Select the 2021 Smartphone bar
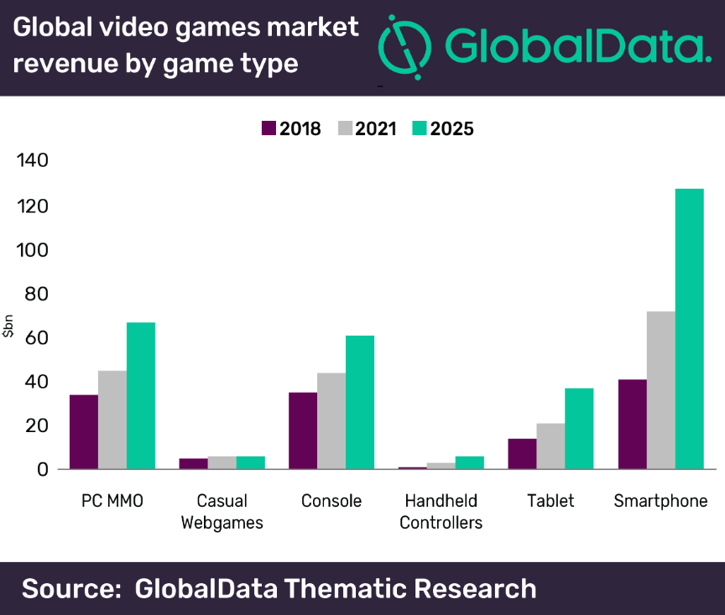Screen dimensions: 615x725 tap(660, 390)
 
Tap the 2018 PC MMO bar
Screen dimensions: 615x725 tap(84, 431)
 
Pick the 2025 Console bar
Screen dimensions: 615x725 tap(360, 402)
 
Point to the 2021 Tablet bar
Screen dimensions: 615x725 tap(550, 446)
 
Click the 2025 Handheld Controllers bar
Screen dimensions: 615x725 tap(469, 462)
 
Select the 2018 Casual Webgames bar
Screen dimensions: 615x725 tap(193, 463)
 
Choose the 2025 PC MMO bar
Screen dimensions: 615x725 tap(141, 395)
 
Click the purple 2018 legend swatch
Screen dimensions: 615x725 tap(269, 128)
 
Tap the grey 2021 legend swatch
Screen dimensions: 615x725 tap(345, 128)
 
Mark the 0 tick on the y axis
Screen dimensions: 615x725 tap(42, 469)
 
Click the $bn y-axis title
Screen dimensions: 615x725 tap(8, 324)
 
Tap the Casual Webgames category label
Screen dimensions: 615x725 tap(222, 512)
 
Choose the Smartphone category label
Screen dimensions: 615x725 tap(660, 501)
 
